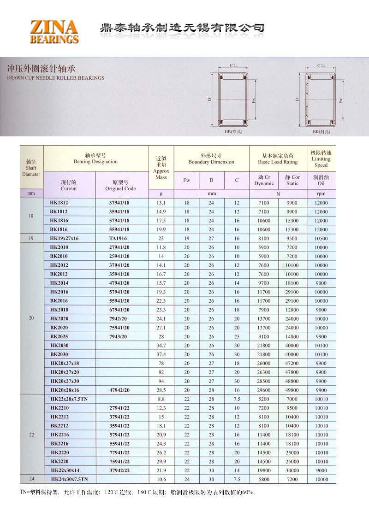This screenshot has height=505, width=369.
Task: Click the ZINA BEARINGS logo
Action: coord(54,31)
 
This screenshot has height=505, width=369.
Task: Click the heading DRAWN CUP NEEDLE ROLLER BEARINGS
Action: coord(56,78)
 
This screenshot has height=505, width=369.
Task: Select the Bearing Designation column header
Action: coord(95,159)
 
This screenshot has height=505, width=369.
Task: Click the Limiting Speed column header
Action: coord(321,159)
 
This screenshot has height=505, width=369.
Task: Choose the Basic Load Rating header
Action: coord(278,159)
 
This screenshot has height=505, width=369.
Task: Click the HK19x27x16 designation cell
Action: coord(65,238)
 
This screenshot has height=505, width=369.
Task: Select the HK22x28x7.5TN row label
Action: coord(69,399)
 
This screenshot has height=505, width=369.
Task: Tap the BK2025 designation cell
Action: coord(59,336)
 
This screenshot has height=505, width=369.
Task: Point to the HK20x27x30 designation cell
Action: coord(65,381)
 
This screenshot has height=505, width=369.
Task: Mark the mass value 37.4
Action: coord(161,354)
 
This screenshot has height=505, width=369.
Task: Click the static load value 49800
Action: coord(292,390)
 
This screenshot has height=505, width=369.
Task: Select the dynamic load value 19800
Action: coord(264,470)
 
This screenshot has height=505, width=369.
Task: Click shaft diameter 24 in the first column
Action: coord(31,479)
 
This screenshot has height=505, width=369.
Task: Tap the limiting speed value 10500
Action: coord(321,238)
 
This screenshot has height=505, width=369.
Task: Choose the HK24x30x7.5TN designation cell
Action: coord(69,479)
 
